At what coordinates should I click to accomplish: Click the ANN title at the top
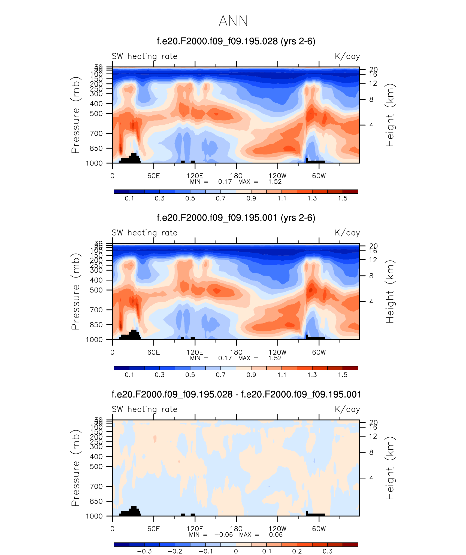click(233, 21)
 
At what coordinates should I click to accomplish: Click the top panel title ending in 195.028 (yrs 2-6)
click(236, 41)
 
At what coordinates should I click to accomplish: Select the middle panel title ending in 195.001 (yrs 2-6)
click(236, 218)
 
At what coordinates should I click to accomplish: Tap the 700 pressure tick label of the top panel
click(96, 133)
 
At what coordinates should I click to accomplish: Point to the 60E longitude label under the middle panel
click(153, 352)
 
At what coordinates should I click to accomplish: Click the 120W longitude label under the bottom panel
click(277, 529)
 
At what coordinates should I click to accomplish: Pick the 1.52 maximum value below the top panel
click(275, 182)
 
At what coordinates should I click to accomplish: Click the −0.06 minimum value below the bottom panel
click(223, 535)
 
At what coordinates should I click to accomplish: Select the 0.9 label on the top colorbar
click(251, 198)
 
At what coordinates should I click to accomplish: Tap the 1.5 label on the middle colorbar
click(343, 375)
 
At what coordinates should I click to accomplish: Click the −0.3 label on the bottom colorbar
click(144, 551)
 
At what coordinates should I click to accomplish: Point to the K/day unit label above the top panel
click(347, 56)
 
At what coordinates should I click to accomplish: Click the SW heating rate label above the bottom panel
click(144, 409)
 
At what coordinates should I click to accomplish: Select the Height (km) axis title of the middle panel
click(390, 291)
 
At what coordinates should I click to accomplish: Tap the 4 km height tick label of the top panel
click(371, 125)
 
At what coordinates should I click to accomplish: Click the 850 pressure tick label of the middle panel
click(96, 325)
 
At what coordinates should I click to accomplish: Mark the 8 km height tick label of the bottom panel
click(371, 452)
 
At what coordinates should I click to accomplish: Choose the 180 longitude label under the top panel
click(236, 176)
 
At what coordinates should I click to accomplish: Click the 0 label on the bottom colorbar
click(236, 551)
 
